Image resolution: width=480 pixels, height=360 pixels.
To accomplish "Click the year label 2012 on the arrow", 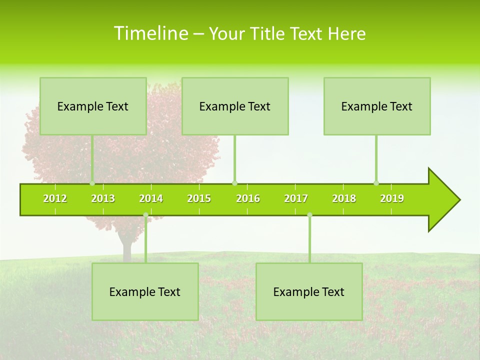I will pos(55,198).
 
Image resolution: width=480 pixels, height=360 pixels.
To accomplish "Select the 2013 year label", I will pos(103,198).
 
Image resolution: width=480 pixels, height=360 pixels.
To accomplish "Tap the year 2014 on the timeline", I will pos(151,198).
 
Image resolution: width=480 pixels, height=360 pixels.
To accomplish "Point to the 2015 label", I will pos(199,198).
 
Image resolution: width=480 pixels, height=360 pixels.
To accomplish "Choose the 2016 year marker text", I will pos(248,198).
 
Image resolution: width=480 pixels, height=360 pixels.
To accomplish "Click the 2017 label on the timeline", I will pos(296,198).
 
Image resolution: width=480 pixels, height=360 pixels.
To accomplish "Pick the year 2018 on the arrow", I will pos(344,198).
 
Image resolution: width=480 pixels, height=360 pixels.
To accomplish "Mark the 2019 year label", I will pos(392,198).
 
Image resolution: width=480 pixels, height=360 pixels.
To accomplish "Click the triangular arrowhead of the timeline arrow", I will pos(443,200).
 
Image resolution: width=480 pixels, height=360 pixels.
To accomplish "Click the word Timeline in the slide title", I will pos(150,33).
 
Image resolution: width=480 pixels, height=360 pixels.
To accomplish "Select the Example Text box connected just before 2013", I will pos(93,106).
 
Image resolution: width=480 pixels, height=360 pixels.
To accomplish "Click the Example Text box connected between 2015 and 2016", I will pos(235,106).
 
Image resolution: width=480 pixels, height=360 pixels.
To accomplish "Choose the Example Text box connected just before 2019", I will pos(377,106).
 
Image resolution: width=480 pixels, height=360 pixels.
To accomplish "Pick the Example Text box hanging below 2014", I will pos(145,291).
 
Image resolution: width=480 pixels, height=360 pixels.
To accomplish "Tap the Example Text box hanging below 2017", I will pos(309,291).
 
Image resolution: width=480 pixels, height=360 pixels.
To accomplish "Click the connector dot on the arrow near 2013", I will pos(92,183).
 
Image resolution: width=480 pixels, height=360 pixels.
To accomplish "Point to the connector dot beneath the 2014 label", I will pos(145,215).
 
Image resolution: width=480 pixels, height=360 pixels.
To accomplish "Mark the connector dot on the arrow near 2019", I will pos(376,183).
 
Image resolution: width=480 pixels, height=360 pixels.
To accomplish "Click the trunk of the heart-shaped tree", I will pos(126,247).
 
